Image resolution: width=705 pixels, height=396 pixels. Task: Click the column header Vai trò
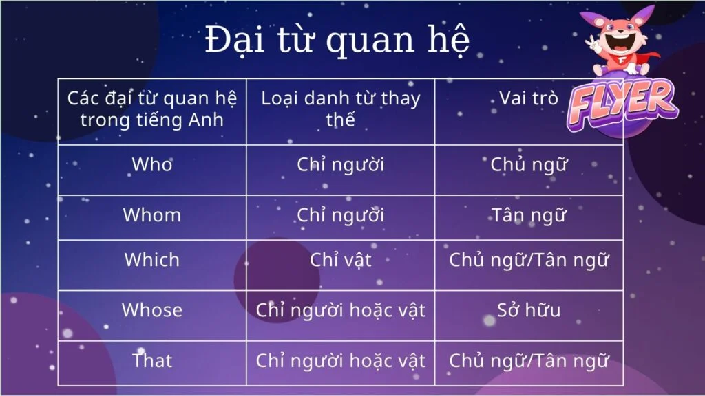(529, 98)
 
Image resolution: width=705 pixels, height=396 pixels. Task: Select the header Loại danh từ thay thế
(340, 109)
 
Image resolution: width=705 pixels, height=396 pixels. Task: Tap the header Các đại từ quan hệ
(152, 109)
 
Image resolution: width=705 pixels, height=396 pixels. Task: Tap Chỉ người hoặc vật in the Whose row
(340, 310)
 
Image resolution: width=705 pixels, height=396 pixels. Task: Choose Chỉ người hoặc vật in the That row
(340, 360)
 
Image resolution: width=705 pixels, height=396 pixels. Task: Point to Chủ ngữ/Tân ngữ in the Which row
(529, 260)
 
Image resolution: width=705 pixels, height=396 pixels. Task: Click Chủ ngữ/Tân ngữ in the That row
(529, 360)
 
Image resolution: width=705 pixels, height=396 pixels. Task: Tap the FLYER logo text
(622, 104)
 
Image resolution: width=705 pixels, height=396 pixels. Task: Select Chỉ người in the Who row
(340, 165)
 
